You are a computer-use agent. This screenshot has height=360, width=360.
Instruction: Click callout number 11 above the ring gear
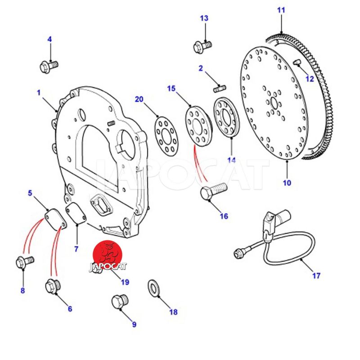[x=281, y=9]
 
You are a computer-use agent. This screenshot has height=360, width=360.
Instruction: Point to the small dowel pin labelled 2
[x=220, y=88]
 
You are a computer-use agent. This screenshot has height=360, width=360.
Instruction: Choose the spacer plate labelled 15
[x=198, y=125]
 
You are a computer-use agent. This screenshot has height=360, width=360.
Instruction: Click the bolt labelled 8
[x=23, y=261]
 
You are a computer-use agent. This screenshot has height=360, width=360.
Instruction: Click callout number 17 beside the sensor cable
[x=316, y=275]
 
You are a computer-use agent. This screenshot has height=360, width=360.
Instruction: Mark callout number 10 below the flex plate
[x=287, y=183]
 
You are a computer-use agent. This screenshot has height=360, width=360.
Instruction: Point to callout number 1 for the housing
[x=39, y=93]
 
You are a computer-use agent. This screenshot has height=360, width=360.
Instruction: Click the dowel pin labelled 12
[x=298, y=63]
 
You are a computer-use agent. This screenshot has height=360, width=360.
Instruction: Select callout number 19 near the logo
[x=125, y=282]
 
